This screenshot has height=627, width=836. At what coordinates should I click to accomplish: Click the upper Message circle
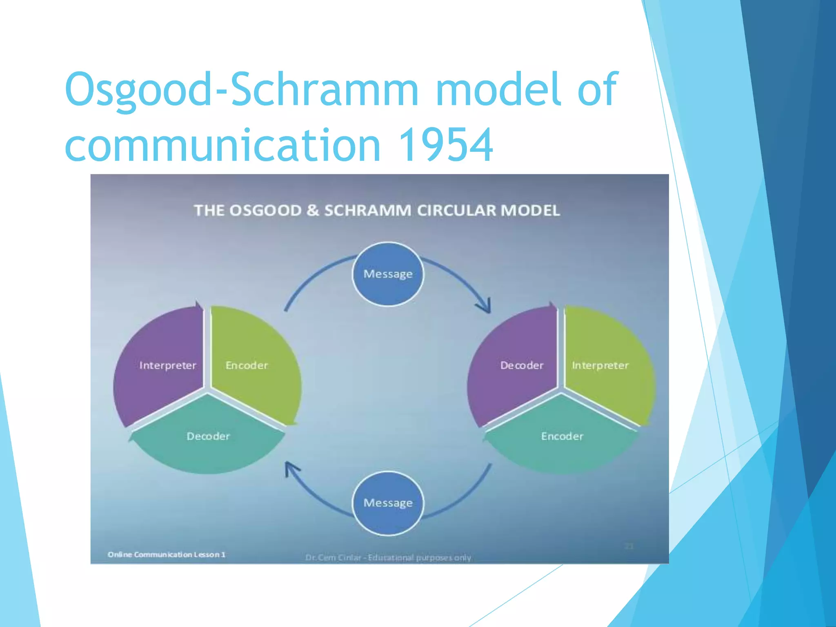[x=388, y=274]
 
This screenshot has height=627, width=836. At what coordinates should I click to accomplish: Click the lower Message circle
[x=388, y=503]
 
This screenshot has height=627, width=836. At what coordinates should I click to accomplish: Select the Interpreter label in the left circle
[x=168, y=365]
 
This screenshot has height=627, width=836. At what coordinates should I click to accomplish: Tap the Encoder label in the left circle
[x=247, y=365]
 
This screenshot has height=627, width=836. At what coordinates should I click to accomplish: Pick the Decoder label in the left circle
[x=208, y=436]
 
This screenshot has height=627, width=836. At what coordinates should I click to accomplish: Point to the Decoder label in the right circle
[x=522, y=365]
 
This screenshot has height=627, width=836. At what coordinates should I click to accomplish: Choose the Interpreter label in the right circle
[x=600, y=365]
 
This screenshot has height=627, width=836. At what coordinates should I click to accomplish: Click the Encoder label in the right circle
[x=562, y=436]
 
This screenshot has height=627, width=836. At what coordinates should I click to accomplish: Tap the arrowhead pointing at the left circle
[x=291, y=469]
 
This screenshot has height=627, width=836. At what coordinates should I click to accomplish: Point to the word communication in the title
[x=223, y=145]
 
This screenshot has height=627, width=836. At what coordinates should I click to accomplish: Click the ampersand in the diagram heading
[x=313, y=211]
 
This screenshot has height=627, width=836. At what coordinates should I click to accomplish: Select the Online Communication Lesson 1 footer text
[x=167, y=554]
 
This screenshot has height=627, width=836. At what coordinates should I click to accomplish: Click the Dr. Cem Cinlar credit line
[x=388, y=558]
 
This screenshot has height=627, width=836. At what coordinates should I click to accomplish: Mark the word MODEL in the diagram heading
[x=530, y=211]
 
